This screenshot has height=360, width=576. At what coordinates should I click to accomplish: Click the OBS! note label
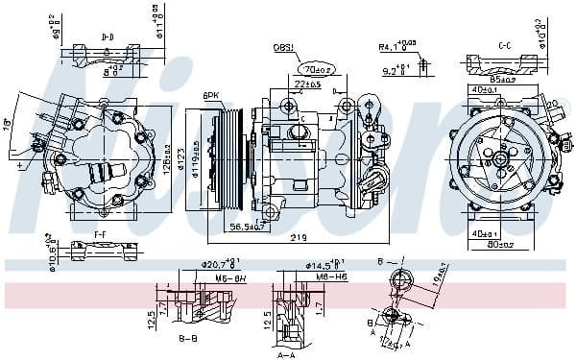click(x=285, y=47)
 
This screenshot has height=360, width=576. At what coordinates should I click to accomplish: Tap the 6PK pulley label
click(x=212, y=94)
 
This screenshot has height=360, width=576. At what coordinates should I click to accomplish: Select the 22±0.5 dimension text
click(x=308, y=85)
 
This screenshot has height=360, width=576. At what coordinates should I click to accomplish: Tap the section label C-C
click(x=504, y=45)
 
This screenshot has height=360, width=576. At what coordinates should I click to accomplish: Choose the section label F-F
click(x=100, y=233)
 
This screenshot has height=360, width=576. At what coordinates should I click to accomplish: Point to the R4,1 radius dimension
click(x=393, y=45)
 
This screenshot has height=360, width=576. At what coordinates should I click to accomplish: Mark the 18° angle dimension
click(x=9, y=123)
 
